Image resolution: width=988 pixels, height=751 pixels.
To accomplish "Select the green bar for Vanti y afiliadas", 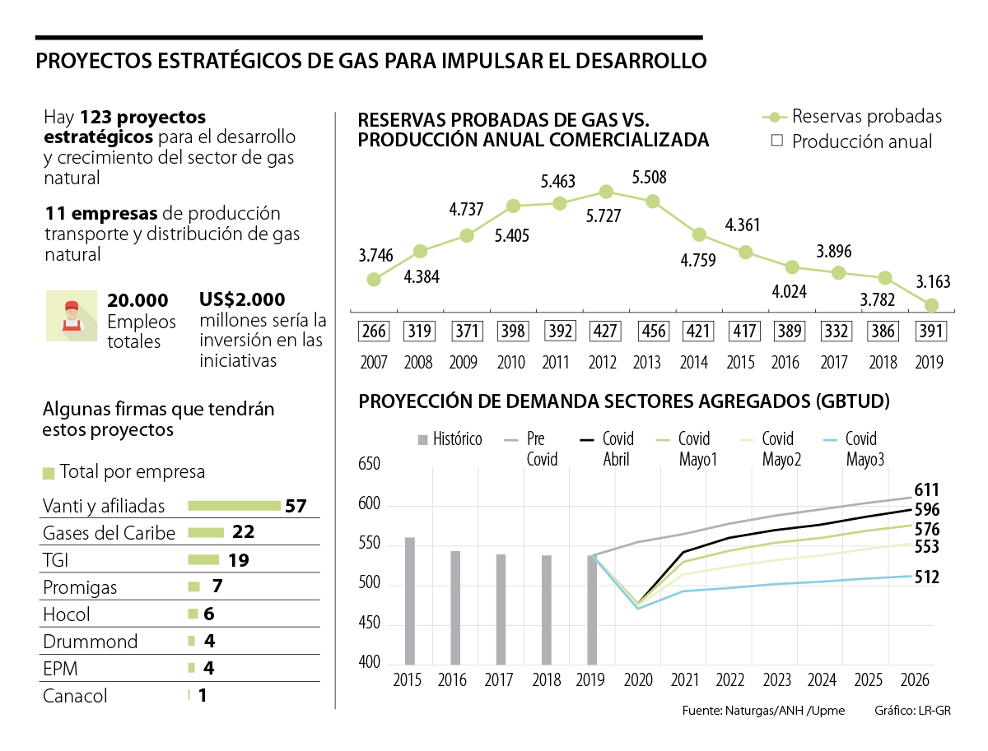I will (x=234, y=505).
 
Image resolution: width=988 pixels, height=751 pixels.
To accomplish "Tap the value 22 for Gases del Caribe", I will (x=243, y=532).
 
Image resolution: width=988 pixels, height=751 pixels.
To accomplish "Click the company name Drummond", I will (x=90, y=642).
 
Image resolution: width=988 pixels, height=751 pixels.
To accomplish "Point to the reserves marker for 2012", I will (x=606, y=192).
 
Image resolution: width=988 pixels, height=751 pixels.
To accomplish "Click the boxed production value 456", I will (x=653, y=331).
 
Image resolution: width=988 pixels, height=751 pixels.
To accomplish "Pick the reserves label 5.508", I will (x=650, y=177).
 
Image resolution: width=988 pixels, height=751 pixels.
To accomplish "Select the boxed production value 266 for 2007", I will (x=373, y=331).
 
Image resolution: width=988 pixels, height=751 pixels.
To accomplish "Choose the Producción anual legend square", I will (x=776, y=141).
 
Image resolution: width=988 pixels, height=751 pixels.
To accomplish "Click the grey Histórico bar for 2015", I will (x=410, y=600).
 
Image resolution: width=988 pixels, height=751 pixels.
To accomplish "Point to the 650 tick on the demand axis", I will (x=369, y=466).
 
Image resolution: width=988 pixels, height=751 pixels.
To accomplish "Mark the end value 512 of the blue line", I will (x=926, y=577).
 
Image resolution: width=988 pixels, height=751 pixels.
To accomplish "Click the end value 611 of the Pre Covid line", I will (x=926, y=490).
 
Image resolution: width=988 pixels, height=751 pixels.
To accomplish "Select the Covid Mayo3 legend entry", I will (x=860, y=449).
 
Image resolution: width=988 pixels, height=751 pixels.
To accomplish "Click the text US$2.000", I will (x=242, y=299).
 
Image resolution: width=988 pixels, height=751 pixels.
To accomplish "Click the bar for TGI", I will (x=203, y=560).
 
